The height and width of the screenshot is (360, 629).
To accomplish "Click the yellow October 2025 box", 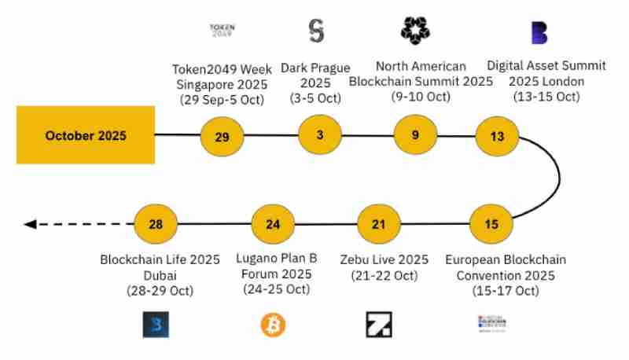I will (x=86, y=135).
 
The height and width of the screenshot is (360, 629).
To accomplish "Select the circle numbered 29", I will (x=222, y=137).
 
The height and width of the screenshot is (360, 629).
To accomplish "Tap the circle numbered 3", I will (x=320, y=134).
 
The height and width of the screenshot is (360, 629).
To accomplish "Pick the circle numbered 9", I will (x=415, y=134).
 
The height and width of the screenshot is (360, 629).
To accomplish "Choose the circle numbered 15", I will (x=491, y=225).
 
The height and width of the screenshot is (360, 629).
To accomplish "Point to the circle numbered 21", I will (x=379, y=225).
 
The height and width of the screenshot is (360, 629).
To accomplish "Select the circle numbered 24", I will (x=273, y=225).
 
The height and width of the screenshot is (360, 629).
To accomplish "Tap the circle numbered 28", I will (x=156, y=225).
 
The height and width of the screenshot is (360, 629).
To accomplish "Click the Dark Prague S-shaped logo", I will (x=316, y=31).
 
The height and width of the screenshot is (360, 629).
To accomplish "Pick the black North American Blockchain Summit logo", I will (x=415, y=30).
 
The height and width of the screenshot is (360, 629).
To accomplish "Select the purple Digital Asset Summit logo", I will (x=539, y=32).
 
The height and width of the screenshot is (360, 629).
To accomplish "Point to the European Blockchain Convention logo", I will (x=491, y=323).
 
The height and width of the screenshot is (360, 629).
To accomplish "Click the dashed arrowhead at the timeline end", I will (x=30, y=225).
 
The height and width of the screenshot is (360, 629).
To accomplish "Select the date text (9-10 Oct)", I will (x=421, y=97).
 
